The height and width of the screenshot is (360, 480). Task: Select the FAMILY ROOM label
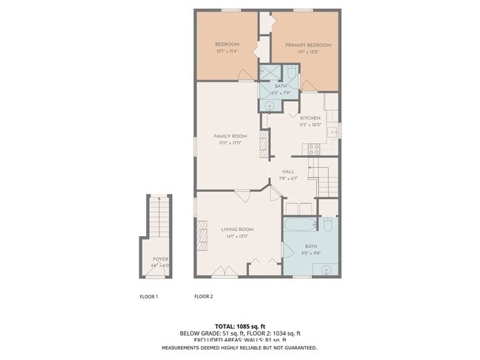(230, 136)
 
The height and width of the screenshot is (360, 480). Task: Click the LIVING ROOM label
(237, 229)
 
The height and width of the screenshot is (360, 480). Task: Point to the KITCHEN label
(309, 118)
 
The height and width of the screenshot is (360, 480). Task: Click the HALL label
(288, 171)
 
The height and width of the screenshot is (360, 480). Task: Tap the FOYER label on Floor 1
(160, 259)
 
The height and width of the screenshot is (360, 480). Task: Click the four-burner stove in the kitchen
(312, 148)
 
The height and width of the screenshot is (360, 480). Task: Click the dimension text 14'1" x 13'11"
(237, 236)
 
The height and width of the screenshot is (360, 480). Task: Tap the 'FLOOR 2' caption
(203, 297)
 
